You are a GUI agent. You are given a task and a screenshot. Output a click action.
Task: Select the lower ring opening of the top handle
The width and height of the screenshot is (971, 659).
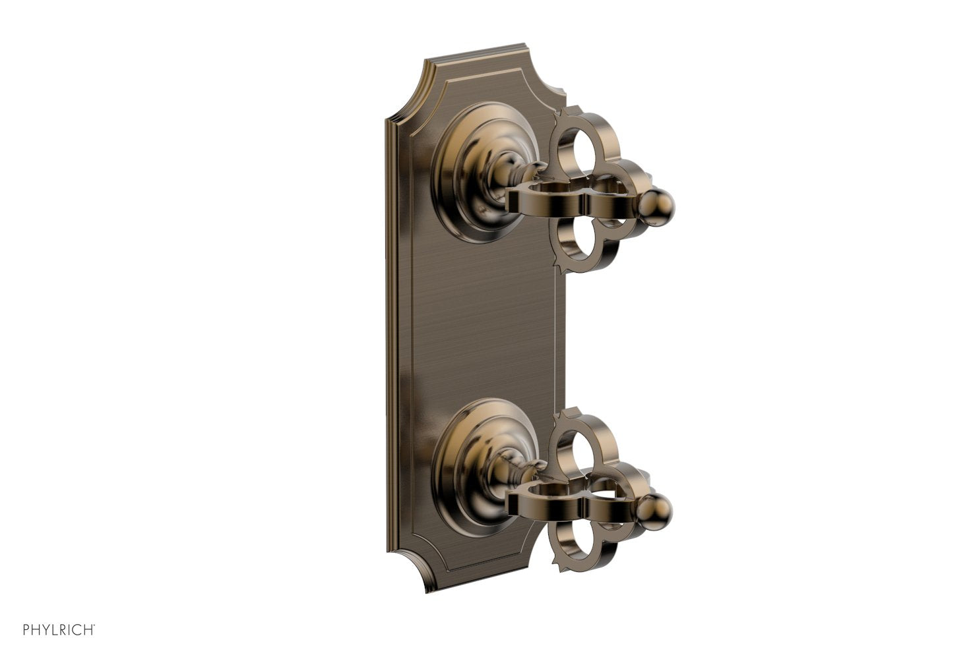tap(580, 250)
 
